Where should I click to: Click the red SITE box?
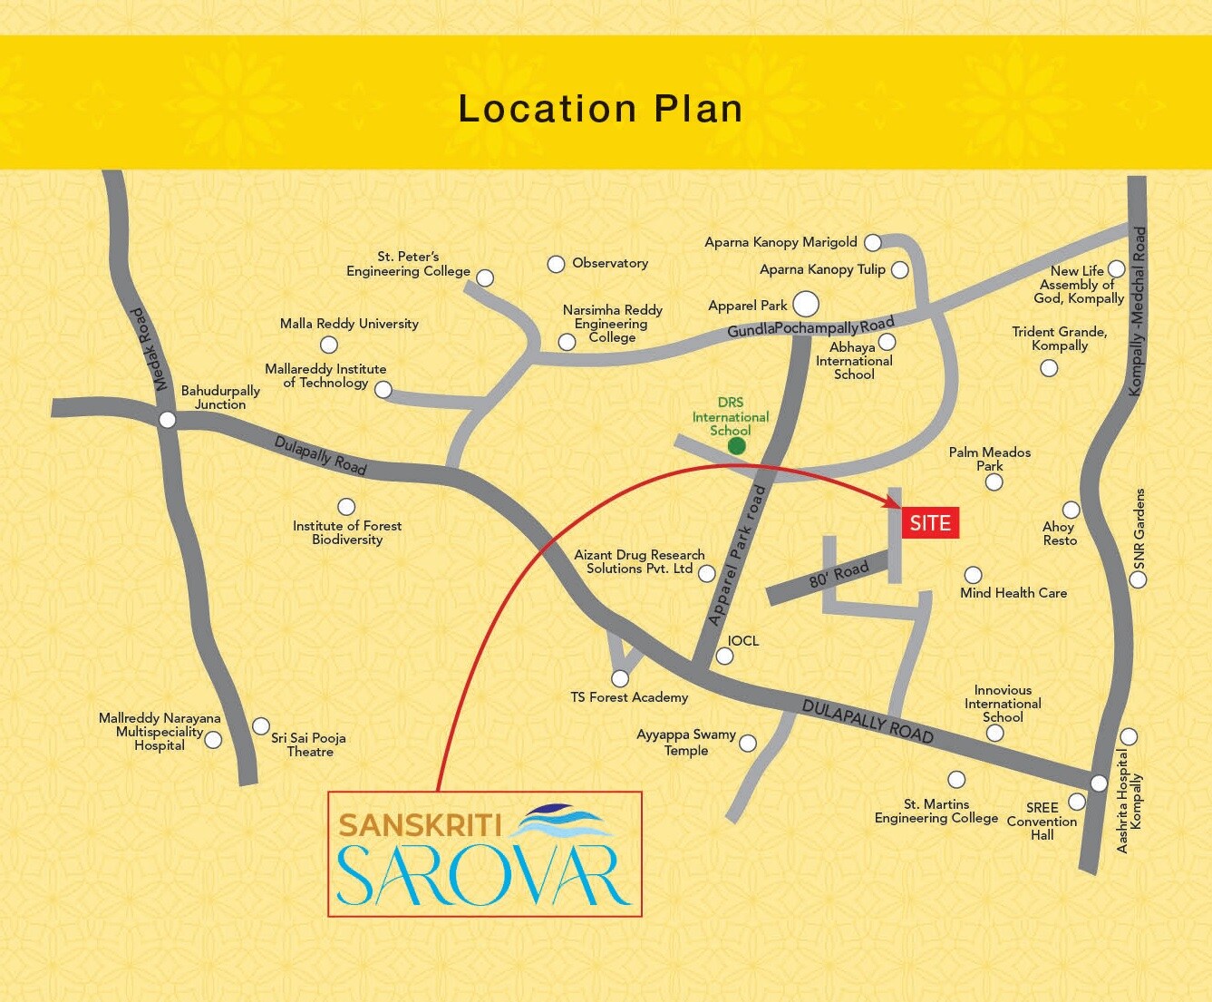[x=930, y=523]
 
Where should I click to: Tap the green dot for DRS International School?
[x=737, y=445]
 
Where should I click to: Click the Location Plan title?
[x=600, y=109]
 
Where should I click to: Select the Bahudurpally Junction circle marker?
[x=167, y=420]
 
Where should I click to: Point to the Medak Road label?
[x=148, y=349]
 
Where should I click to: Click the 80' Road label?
[x=839, y=574]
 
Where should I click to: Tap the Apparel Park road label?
[x=737, y=556]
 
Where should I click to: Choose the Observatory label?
[x=610, y=263]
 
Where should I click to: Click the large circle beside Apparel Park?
[x=805, y=304]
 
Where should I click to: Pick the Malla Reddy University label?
[x=349, y=324]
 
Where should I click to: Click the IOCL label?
[x=743, y=640]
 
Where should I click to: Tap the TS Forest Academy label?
[x=629, y=697]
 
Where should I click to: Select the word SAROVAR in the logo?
[x=484, y=875]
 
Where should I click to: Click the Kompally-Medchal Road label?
[x=1138, y=311]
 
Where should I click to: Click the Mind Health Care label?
[x=1013, y=593]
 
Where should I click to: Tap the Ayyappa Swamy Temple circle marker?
[x=748, y=744]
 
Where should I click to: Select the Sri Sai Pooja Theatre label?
[x=309, y=744]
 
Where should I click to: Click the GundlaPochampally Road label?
[x=810, y=327]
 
